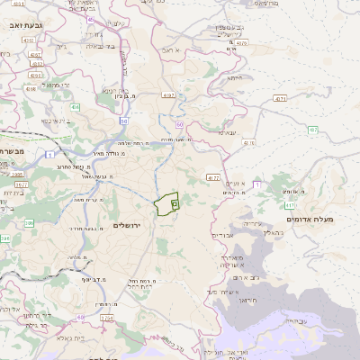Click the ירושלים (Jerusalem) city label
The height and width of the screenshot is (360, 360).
point(130,224)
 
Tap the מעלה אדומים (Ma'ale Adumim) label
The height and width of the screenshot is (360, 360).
point(309,219)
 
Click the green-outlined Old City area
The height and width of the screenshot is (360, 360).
point(166,205)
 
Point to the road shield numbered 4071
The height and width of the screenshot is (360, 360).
point(280,97)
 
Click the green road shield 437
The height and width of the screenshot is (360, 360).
point(313,130)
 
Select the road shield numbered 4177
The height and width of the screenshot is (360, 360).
point(213,178)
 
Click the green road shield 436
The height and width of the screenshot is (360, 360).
point(75,107)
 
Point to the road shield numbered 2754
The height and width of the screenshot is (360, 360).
point(107,318)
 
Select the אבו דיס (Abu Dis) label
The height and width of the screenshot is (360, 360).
point(222,235)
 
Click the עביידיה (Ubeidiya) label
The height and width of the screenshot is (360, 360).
point(294,320)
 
